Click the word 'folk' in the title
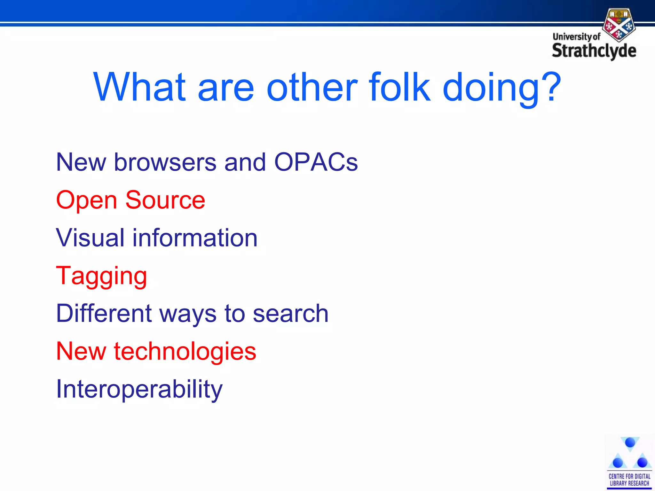click(400, 87)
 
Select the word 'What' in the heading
click(139, 87)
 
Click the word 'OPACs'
click(316, 162)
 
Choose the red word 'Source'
click(165, 200)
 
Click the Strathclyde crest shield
click(619, 25)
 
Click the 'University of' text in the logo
click(576, 37)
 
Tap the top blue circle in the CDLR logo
click(630, 442)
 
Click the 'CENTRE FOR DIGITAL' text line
click(629, 476)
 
